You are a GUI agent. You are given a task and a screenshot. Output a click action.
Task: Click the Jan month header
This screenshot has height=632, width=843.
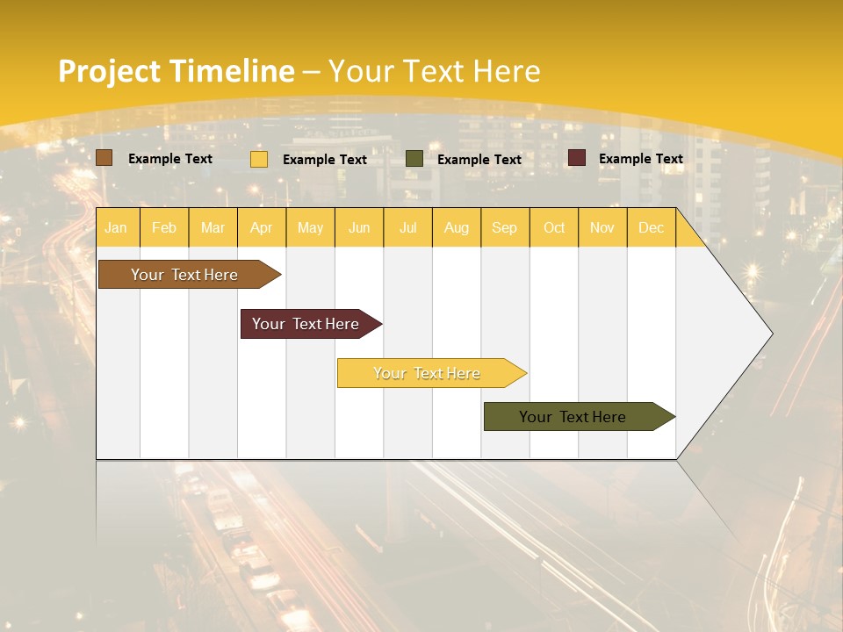(x=117, y=227)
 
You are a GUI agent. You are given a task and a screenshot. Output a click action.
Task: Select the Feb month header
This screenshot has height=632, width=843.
(x=164, y=227)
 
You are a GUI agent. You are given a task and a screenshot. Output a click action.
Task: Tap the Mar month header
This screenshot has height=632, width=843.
(x=213, y=227)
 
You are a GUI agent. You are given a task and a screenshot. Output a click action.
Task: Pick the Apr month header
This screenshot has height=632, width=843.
(x=262, y=227)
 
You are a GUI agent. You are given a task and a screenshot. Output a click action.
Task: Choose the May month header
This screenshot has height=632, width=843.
(x=310, y=227)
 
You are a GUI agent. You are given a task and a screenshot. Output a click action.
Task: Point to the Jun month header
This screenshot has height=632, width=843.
(x=359, y=227)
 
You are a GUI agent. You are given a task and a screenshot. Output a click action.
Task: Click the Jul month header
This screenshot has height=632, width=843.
(x=407, y=227)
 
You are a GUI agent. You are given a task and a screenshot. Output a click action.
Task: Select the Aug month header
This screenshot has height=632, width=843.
(x=457, y=227)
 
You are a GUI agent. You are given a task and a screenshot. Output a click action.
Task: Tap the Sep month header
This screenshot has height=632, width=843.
(x=505, y=227)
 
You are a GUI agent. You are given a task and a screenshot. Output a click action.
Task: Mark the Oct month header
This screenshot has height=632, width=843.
(x=554, y=227)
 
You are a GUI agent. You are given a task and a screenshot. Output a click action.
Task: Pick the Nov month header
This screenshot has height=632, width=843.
(x=602, y=227)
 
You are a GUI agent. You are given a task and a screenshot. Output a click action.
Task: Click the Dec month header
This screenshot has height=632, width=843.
(x=652, y=227)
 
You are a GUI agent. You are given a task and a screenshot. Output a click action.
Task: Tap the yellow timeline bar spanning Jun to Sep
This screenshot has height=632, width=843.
(x=428, y=373)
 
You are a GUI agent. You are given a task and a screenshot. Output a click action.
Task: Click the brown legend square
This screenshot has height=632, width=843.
(x=104, y=158)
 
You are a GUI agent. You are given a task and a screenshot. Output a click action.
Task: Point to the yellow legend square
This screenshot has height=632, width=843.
(x=259, y=159)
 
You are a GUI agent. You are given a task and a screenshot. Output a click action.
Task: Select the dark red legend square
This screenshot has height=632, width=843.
(x=577, y=158)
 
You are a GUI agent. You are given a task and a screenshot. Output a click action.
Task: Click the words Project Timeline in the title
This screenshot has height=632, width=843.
(x=177, y=71)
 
